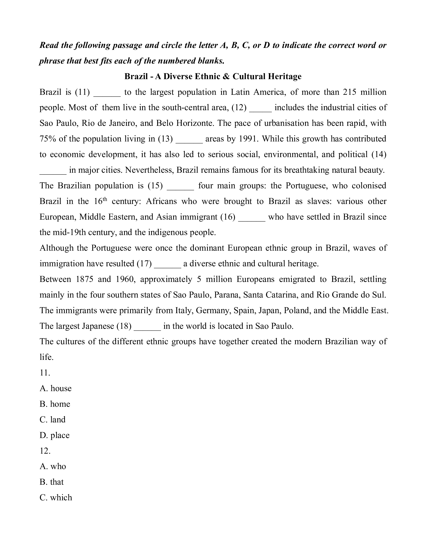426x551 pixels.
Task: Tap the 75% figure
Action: (48, 139)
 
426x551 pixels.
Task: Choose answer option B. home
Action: (55, 404)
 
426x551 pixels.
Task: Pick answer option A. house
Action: (56, 388)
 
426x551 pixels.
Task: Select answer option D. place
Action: (55, 435)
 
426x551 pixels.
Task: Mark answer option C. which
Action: (56, 498)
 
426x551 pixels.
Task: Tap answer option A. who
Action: (53, 466)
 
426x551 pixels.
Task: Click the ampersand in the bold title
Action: (226, 77)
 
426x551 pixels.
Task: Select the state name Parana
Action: (225, 295)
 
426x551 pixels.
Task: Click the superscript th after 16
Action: (105, 199)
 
